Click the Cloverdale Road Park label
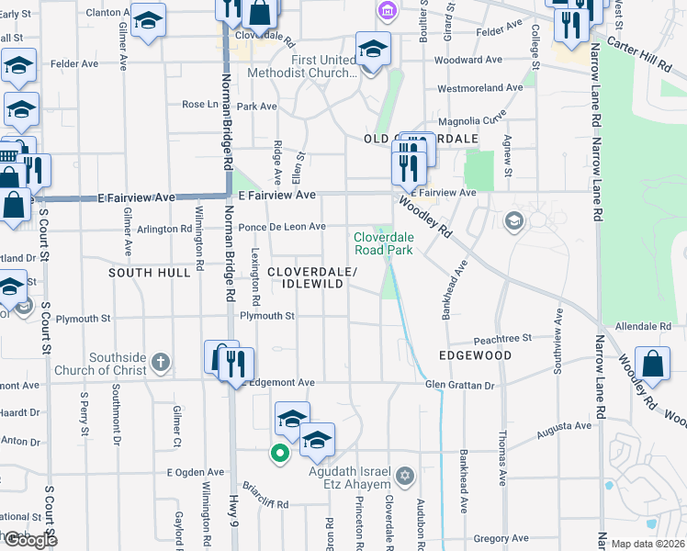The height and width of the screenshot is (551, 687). (384, 242)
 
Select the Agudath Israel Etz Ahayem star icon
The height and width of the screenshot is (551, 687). (406, 476)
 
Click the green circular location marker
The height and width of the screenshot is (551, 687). (276, 452)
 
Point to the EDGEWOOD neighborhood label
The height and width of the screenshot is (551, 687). (475, 354)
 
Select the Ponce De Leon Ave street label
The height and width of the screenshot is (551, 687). (282, 227)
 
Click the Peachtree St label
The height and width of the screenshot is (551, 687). (504, 339)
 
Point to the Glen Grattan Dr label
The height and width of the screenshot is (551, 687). (459, 386)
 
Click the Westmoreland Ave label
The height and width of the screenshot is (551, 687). (479, 88)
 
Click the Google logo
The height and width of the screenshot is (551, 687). (30, 540)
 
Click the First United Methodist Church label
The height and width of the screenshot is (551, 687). (322, 67)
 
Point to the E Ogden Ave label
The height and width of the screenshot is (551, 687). (195, 472)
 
